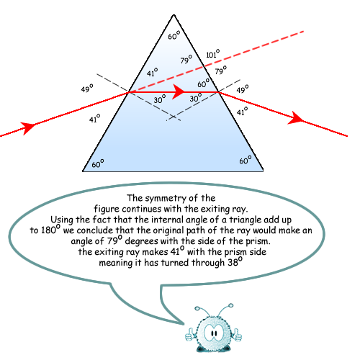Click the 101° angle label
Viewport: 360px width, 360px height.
213,53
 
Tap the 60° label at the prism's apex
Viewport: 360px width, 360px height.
174,35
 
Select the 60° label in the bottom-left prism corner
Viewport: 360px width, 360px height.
98,163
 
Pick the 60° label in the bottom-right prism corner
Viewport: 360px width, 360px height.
246,160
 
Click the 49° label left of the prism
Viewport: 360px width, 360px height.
87,88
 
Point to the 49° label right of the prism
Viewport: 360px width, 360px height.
243,89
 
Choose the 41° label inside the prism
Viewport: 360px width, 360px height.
153,72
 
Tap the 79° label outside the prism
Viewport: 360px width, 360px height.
221,70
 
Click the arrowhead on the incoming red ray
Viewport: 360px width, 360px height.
28,127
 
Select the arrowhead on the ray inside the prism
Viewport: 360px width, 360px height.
178,91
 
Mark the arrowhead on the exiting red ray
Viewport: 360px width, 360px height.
297,119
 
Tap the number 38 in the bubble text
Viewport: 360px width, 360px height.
233,263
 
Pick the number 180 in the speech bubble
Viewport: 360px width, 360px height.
48,230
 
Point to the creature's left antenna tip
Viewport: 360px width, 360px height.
197,308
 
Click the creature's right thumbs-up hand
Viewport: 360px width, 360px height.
238,335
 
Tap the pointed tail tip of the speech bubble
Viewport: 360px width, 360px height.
184,324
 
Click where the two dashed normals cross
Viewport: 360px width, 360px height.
174,117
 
